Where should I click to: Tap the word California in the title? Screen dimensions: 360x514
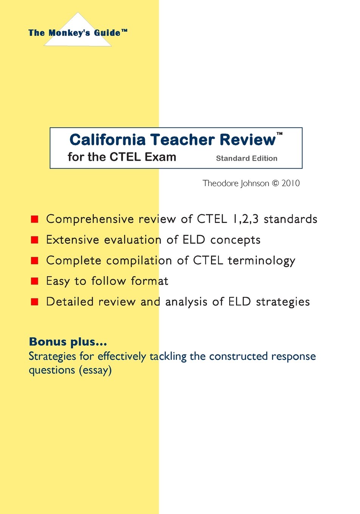point(107,139)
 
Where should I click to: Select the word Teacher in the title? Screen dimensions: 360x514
point(183,139)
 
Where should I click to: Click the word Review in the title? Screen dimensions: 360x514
point(248,139)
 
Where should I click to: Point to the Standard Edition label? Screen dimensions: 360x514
point(247,158)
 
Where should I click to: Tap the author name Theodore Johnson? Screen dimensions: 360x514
point(236,183)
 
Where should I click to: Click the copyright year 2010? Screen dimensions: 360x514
point(290,183)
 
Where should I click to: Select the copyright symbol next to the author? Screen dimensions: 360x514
point(275,183)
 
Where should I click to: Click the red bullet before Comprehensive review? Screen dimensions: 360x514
point(34,219)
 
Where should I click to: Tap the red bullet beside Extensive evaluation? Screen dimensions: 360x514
point(34,240)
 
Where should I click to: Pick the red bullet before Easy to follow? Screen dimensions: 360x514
point(34,281)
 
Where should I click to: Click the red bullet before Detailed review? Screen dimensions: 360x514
point(34,302)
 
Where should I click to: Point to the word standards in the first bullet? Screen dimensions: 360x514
point(290,219)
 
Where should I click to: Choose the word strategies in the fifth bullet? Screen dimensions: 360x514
point(283,302)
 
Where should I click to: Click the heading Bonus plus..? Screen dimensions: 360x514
point(68,342)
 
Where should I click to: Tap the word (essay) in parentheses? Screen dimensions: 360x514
point(95,370)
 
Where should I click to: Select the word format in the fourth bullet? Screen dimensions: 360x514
point(149,281)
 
